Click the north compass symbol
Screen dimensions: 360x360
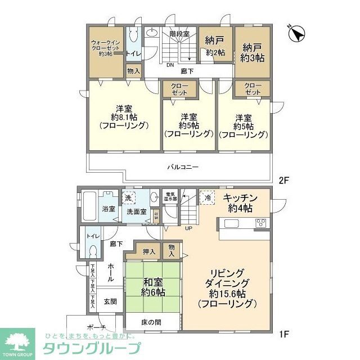(x=297, y=33)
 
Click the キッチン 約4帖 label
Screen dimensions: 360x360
(x=240, y=203)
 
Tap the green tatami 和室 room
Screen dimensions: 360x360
(x=152, y=288)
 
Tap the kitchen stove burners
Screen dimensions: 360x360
(x=262, y=223)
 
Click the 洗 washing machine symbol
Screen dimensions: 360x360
(x=129, y=198)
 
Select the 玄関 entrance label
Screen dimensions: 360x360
(x=110, y=301)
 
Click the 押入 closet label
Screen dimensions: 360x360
(x=148, y=251)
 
